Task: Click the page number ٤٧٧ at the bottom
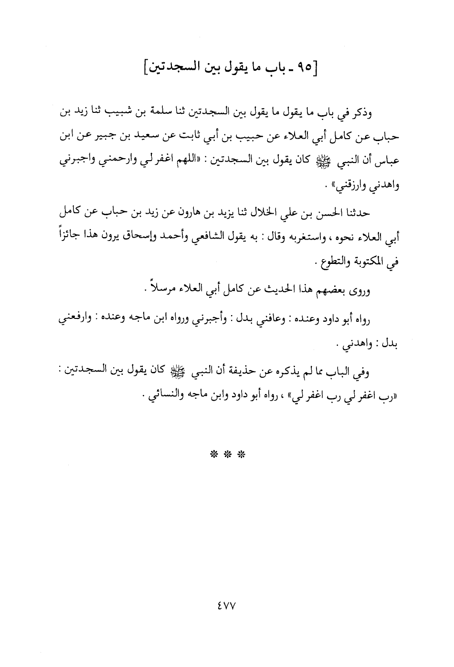coord(227,604)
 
